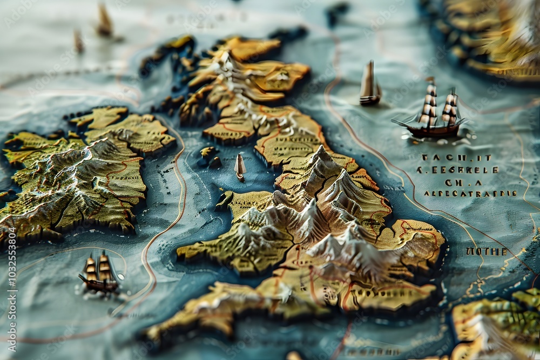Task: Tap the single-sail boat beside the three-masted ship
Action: (x=370, y=84)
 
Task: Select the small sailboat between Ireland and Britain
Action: (x=240, y=167)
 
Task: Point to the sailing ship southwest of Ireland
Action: (x=99, y=273)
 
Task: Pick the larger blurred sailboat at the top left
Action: (x=104, y=22)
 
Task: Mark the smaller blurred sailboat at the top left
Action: (x=79, y=41)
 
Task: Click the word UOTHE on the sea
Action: (x=486, y=252)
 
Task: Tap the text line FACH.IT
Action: (x=456, y=158)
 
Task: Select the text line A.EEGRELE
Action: (x=457, y=169)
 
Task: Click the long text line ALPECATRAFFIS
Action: (x=469, y=193)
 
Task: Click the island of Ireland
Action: (x=81, y=173)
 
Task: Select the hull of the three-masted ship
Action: (x=432, y=130)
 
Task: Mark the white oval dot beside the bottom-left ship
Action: (x=120, y=276)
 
